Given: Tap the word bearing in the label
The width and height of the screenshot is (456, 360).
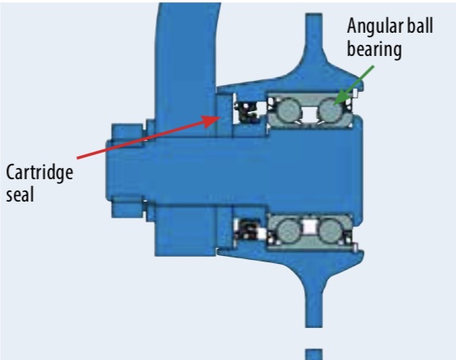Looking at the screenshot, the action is [x=374, y=50].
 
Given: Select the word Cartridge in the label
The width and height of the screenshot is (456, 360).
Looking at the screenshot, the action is [x=39, y=173].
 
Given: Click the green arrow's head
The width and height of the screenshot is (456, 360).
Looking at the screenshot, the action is [x=342, y=98].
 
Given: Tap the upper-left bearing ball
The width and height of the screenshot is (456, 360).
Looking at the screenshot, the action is [x=288, y=110].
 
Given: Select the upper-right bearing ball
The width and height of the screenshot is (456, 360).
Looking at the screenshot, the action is [x=330, y=109].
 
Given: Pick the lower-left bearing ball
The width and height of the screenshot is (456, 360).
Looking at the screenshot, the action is [x=289, y=230].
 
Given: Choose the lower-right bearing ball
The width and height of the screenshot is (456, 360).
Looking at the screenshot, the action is [x=330, y=230].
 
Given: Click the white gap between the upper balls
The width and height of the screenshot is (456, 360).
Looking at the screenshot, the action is [x=309, y=113].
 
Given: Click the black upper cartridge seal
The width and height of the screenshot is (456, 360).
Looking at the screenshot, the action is [x=247, y=112].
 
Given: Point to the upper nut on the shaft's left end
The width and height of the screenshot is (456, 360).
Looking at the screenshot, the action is [x=127, y=132].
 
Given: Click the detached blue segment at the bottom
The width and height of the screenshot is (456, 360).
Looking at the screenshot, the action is [x=314, y=354].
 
